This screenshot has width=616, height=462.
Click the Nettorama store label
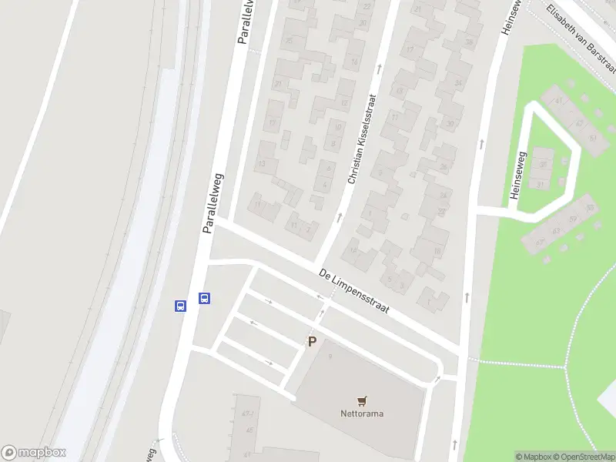(x=362, y=413)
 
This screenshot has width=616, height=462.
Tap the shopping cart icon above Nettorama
(x=362, y=400)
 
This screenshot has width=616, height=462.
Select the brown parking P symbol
(x=312, y=342)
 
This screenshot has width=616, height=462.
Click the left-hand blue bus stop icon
(x=180, y=306)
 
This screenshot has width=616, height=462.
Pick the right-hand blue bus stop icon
(x=205, y=298)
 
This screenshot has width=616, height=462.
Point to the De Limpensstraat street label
(x=354, y=291)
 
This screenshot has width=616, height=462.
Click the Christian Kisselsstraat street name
(x=362, y=139)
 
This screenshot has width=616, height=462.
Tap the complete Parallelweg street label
(x=213, y=203)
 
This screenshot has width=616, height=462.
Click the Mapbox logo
(x=34, y=453)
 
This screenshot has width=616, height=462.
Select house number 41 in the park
(x=560, y=100)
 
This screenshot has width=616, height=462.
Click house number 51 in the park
(x=591, y=208)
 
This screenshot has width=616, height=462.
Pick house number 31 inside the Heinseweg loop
(x=541, y=184)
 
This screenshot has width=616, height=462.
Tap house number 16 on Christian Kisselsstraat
(x=437, y=250)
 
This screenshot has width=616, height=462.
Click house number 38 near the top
(x=469, y=42)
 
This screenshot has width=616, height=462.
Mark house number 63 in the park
(x=556, y=231)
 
